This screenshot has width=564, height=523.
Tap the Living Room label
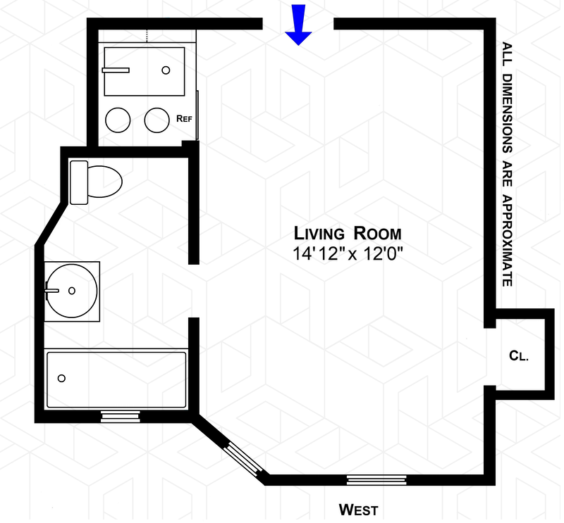tap(348, 234)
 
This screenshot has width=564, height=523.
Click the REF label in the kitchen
tap(184, 119)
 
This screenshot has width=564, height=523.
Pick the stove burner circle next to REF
tap(157, 120)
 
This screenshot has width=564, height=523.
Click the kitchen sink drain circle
tap(167, 70)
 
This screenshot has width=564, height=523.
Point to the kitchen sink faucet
tap(116, 70)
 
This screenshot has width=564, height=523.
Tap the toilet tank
tap(78, 182)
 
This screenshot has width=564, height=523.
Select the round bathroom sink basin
tap(70, 289)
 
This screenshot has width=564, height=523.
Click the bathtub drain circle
tap(61, 379)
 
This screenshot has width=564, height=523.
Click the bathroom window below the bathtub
tap(121, 417)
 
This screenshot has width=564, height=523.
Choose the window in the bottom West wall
tap(376, 480)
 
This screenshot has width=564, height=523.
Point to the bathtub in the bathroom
tap(116, 379)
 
